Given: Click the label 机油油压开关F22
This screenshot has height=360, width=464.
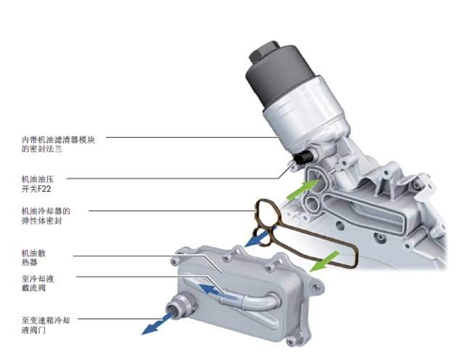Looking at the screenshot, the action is click(38, 184).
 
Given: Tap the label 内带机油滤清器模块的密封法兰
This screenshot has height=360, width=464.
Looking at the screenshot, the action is click(58, 144).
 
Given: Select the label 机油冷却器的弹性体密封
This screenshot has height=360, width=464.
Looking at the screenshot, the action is click(46, 216).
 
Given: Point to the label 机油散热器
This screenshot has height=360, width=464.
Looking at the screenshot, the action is click(34, 258).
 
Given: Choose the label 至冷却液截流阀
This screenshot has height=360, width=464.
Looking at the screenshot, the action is click(38, 283).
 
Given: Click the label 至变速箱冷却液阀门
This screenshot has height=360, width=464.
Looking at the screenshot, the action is click(46, 325).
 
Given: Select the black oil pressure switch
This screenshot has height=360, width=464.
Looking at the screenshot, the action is click(303, 157).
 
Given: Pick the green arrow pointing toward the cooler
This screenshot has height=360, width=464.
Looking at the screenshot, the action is click(324, 261).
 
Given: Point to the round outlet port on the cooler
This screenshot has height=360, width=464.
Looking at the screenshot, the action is click(180, 306).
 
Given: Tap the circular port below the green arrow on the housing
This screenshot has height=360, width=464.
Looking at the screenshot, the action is click(312, 204).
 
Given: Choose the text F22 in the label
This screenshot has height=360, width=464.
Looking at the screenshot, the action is click(45, 189).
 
